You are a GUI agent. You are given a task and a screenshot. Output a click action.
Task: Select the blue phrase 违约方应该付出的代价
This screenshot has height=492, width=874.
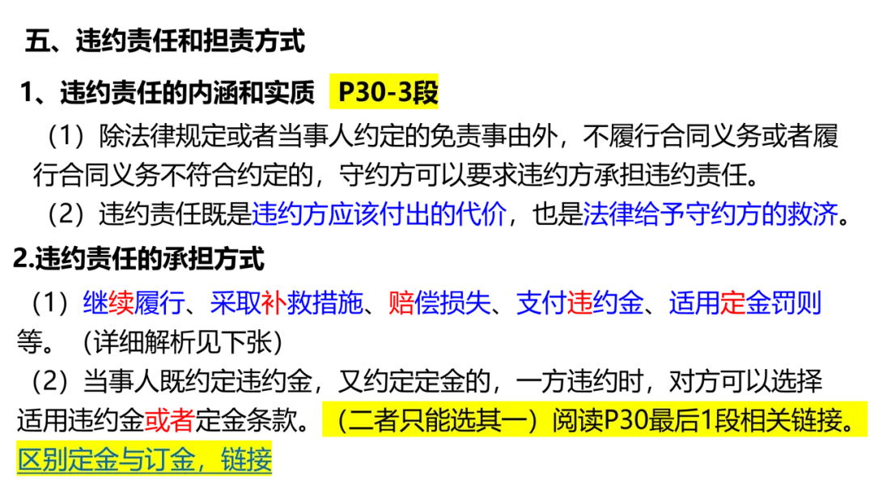pos(380,214)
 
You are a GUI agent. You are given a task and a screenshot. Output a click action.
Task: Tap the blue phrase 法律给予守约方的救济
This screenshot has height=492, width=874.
pos(711,214)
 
